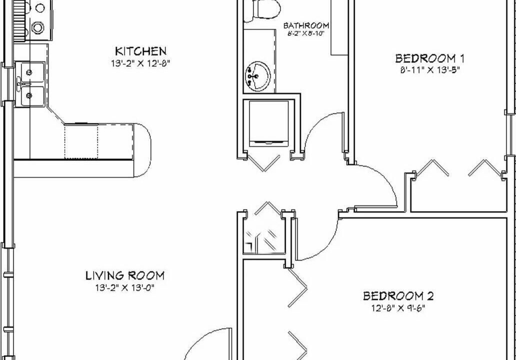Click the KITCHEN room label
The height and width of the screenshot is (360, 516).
[x=141, y=51]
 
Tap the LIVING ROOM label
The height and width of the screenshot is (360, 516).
[x=125, y=275]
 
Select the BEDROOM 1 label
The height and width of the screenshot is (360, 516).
[x=430, y=58]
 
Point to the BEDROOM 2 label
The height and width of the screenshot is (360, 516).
[x=398, y=296]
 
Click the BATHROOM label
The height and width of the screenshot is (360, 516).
[x=306, y=25]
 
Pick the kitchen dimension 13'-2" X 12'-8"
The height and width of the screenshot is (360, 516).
[x=140, y=63]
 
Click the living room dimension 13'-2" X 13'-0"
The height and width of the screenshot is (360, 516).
[x=125, y=288]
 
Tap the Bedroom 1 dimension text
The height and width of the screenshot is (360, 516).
[x=430, y=70]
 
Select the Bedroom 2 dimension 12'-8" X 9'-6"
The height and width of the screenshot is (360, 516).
[x=398, y=308]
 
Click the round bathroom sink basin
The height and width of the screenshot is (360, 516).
[x=258, y=76]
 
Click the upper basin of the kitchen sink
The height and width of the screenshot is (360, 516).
[x=30, y=72]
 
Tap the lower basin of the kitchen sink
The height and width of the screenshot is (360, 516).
[x=30, y=96]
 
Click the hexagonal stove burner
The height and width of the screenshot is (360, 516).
[x=38, y=27]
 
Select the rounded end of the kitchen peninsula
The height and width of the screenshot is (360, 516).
[x=142, y=150]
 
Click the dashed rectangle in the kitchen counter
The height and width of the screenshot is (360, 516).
[x=81, y=141]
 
